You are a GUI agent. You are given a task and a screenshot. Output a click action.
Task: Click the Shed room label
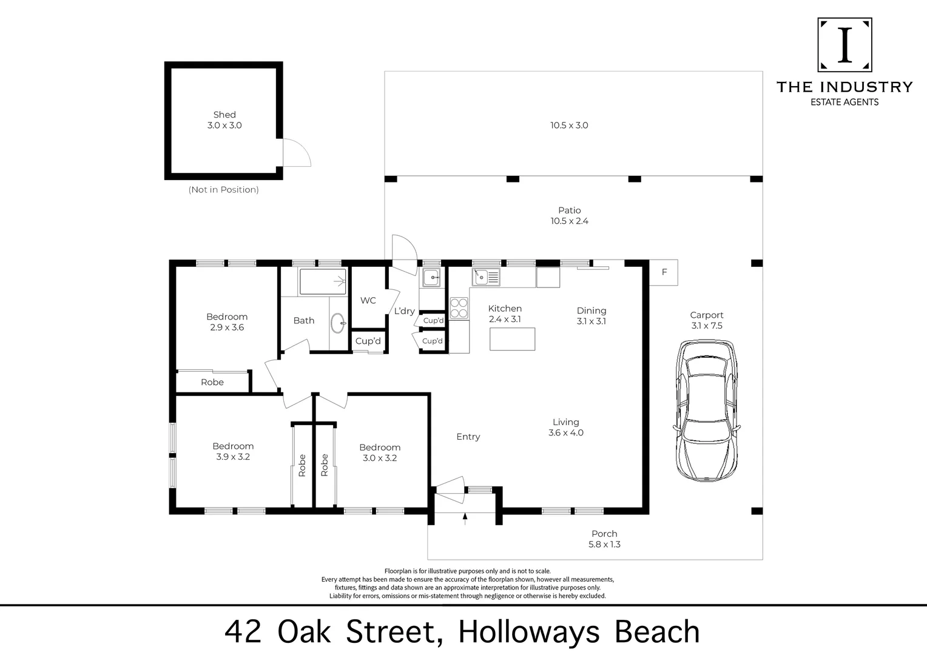click(x=224, y=119)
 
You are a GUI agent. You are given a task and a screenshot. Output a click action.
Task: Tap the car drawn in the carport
click(x=707, y=411)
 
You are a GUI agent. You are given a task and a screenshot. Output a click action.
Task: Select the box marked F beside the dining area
click(x=664, y=272)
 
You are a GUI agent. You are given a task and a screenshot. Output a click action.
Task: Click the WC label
click(x=368, y=301)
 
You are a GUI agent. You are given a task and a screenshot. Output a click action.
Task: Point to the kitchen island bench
click(x=513, y=339)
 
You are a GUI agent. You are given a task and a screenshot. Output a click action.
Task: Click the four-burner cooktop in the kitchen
click(x=459, y=307)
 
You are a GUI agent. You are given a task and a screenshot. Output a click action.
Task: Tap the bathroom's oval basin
click(x=337, y=321)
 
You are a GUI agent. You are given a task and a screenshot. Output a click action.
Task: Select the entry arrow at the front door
click(x=465, y=517)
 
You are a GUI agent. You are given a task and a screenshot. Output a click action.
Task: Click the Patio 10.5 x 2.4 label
click(x=569, y=216)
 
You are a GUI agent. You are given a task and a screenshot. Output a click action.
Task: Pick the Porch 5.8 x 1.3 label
click(x=604, y=539)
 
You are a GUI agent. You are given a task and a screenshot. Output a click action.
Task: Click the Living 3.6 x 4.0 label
click(x=565, y=427)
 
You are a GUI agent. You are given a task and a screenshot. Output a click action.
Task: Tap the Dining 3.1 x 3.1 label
click(x=591, y=316)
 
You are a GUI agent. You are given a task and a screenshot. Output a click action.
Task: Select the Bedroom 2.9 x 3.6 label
click(x=227, y=321)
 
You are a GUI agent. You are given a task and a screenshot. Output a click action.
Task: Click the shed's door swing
click(x=297, y=153)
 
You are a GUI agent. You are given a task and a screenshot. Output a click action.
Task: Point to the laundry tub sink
click(x=432, y=278)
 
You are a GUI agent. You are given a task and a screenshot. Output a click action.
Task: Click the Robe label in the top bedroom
click(x=212, y=382)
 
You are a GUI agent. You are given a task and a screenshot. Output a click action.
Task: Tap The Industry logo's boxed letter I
click(x=844, y=45)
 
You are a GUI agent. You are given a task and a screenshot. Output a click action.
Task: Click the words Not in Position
click(x=223, y=190)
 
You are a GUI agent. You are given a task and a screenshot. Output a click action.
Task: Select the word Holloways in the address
click(x=528, y=632)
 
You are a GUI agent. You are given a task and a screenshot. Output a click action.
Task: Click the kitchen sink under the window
click(x=486, y=277)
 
